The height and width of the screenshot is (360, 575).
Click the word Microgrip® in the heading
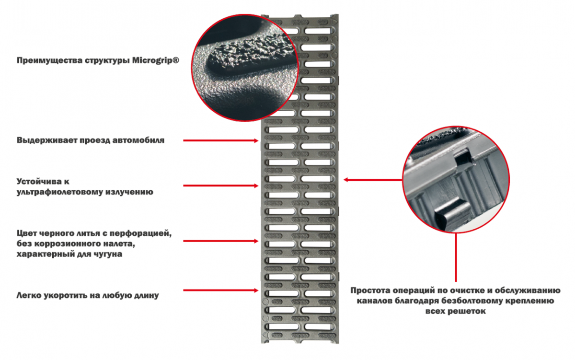(156, 60)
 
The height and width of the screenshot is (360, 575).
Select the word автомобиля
(138, 140)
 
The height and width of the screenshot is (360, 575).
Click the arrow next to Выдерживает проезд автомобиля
(220, 140)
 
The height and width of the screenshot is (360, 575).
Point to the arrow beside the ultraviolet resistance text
(220, 186)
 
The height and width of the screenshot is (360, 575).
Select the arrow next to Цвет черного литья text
(220, 241)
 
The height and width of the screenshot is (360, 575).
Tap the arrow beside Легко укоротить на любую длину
(220, 290)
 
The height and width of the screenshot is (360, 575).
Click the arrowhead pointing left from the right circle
(346, 180)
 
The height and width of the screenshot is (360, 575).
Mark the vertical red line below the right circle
(456, 257)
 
